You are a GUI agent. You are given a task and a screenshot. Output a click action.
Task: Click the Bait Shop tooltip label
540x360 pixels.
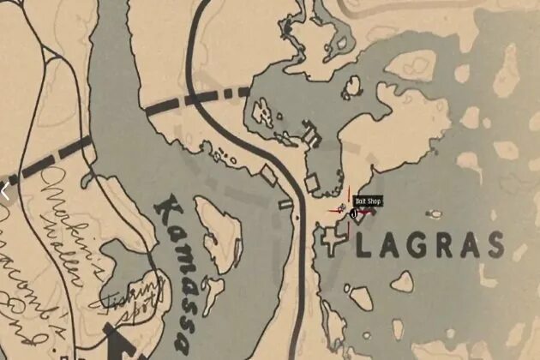click(x=367, y=202)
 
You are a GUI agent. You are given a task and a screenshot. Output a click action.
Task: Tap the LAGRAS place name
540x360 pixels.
click(x=429, y=246)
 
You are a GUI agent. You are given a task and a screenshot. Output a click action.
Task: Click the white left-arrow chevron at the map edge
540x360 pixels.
click(x=4, y=191)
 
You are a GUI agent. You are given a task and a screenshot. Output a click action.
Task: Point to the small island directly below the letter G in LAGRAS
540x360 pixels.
click(x=402, y=281)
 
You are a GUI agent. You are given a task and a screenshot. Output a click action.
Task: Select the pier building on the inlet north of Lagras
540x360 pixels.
click(x=309, y=135)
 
